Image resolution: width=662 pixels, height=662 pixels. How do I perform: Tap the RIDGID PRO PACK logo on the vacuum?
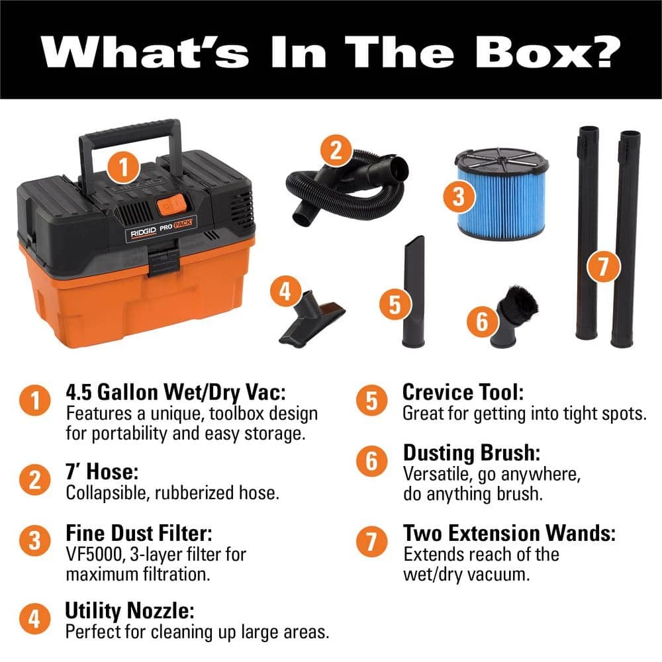click(x=161, y=229)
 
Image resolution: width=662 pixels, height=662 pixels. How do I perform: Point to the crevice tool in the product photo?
click(x=413, y=291)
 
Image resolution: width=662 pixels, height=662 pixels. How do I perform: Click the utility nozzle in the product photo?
click(x=312, y=319)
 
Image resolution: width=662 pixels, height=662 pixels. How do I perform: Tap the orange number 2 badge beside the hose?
click(x=336, y=150)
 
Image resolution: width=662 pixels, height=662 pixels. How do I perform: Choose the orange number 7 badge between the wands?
click(x=603, y=267)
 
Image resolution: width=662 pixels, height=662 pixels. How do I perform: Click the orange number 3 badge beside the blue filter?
click(x=459, y=197)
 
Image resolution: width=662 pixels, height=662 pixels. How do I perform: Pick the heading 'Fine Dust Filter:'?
click(x=139, y=533)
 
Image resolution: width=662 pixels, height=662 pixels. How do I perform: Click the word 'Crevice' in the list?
click(x=438, y=392)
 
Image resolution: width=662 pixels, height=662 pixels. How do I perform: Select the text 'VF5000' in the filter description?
click(x=95, y=554)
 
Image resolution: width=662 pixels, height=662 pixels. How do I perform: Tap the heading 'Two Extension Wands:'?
click(x=509, y=533)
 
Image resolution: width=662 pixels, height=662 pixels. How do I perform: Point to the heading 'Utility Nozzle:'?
click(x=130, y=611)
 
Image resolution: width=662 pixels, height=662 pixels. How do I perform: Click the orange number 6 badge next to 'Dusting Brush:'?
click(x=371, y=461)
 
